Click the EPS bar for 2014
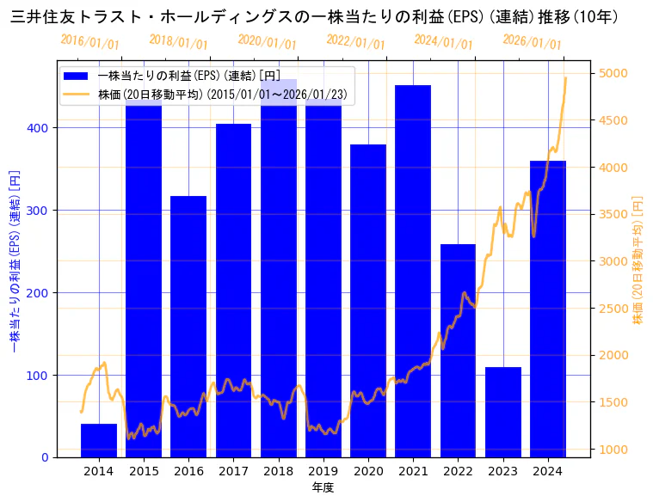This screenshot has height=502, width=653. click(x=99, y=440)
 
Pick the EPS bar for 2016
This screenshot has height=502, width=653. click(x=188, y=327)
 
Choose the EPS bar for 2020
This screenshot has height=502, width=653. click(x=368, y=301)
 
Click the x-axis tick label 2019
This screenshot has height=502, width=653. click(x=323, y=471)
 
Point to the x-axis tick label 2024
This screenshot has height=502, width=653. click(x=548, y=471)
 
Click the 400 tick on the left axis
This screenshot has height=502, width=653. click(x=40, y=128)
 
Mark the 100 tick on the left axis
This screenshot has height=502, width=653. click(x=40, y=376)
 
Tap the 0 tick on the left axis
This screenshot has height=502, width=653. click(x=46, y=458)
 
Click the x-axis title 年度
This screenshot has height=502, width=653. click(x=323, y=487)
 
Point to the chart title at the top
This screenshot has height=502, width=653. click(x=314, y=16)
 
